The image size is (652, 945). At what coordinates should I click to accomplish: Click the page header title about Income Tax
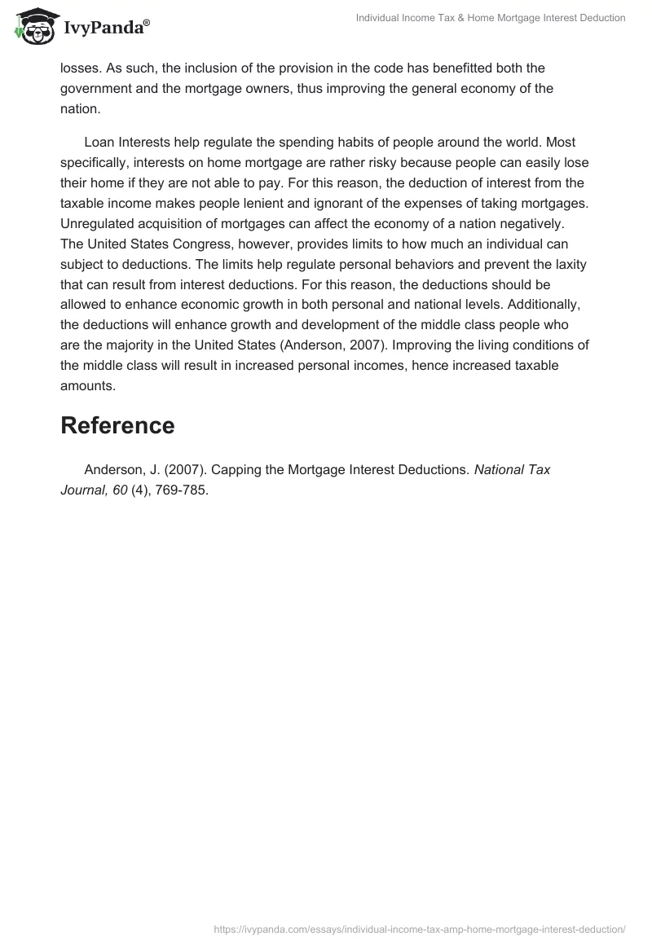point(491,18)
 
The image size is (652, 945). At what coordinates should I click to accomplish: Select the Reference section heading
point(117,425)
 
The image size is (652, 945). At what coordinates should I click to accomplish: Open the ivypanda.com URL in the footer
point(419,928)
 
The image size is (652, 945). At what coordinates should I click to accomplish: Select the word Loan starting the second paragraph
point(99,142)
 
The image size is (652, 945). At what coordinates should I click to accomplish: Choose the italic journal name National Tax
point(512,470)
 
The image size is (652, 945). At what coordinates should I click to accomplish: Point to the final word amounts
point(88,386)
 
